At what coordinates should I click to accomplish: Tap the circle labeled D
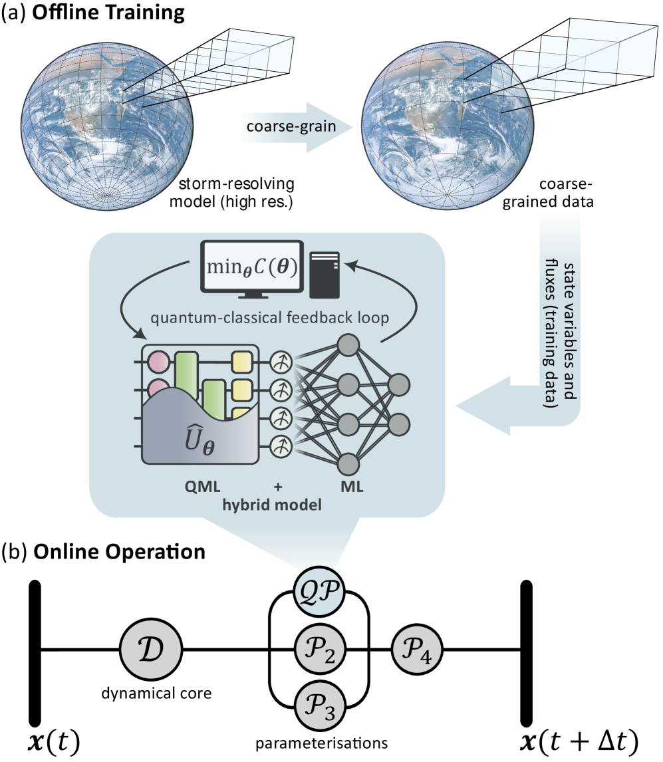tap(151, 650)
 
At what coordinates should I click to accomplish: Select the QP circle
tap(319, 590)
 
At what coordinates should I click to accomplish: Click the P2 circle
tap(319, 650)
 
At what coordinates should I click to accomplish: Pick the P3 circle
tap(319, 704)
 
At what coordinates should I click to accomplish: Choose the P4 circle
tap(417, 650)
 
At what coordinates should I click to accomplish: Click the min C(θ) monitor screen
tap(252, 268)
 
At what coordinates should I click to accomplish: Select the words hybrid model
tap(272, 505)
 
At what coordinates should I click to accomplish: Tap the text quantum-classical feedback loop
tap(269, 318)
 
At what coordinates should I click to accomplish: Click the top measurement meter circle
tap(281, 362)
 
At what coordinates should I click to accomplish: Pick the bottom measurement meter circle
tap(281, 445)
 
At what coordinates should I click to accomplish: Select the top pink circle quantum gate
tap(158, 362)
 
